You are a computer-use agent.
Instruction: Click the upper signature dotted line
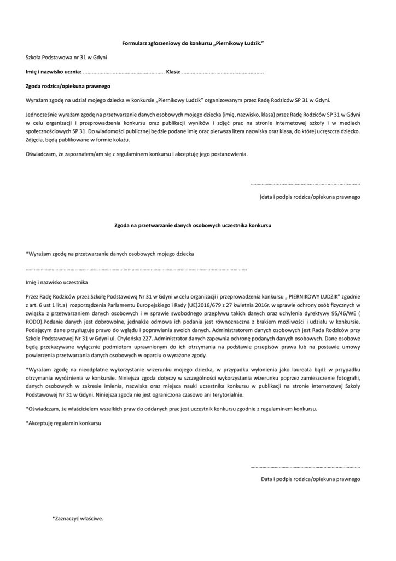(305, 184)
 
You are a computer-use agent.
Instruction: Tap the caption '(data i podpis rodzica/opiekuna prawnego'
(309, 196)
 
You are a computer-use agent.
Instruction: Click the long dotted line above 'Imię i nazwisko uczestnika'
(137, 269)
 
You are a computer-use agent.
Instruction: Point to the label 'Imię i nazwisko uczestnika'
(57, 283)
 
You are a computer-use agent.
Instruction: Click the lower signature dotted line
(305, 467)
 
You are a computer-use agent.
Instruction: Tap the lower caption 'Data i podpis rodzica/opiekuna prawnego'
(310, 479)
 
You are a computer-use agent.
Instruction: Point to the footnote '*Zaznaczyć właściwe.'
(78, 518)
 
